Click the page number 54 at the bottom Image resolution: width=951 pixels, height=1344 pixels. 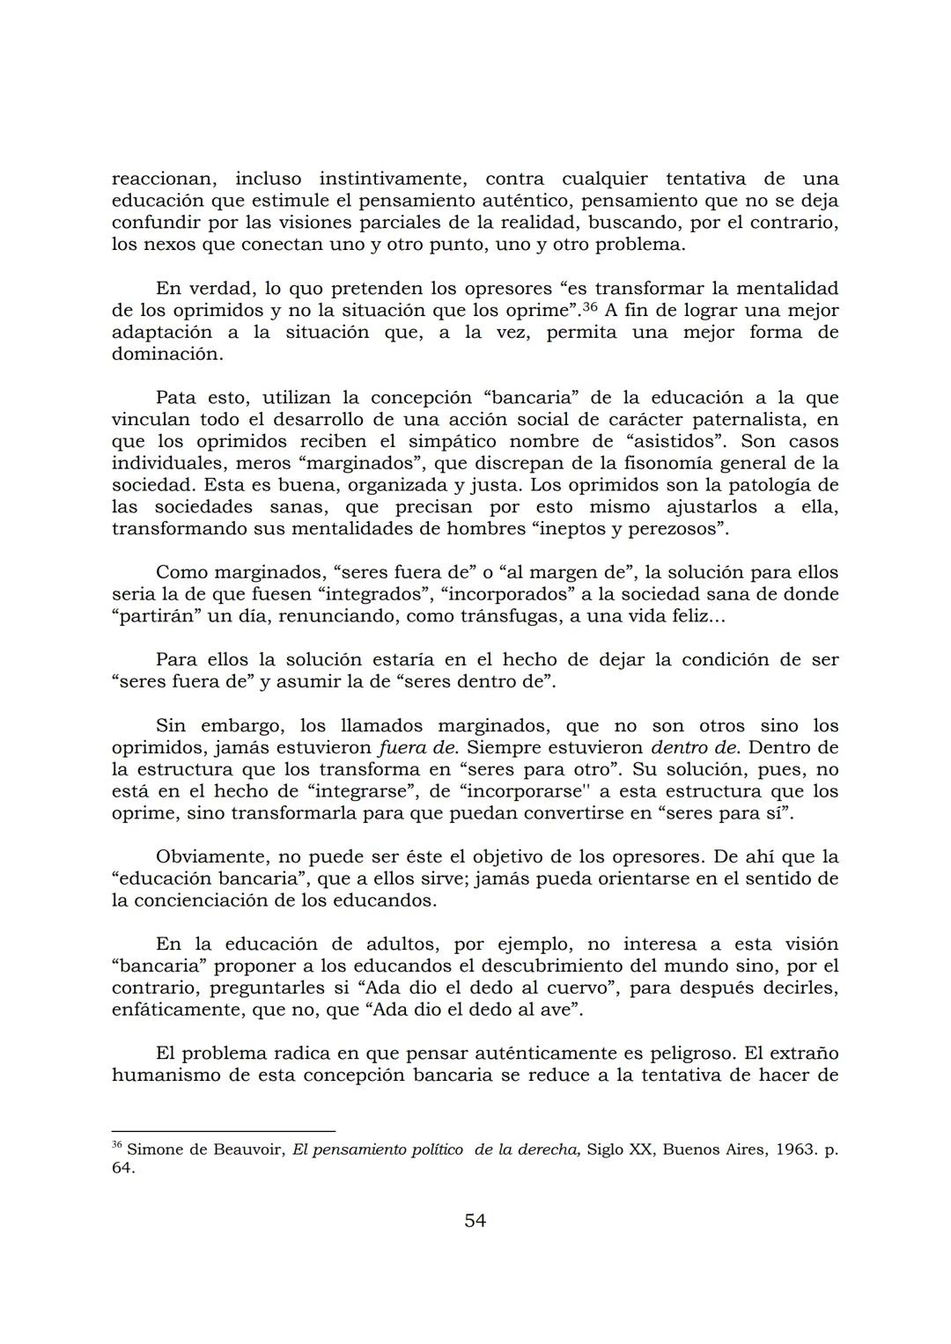[x=475, y=1221]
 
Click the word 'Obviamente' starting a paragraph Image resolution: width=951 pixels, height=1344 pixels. [x=209, y=857]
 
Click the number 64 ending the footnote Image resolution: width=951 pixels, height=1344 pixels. [x=122, y=1169]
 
